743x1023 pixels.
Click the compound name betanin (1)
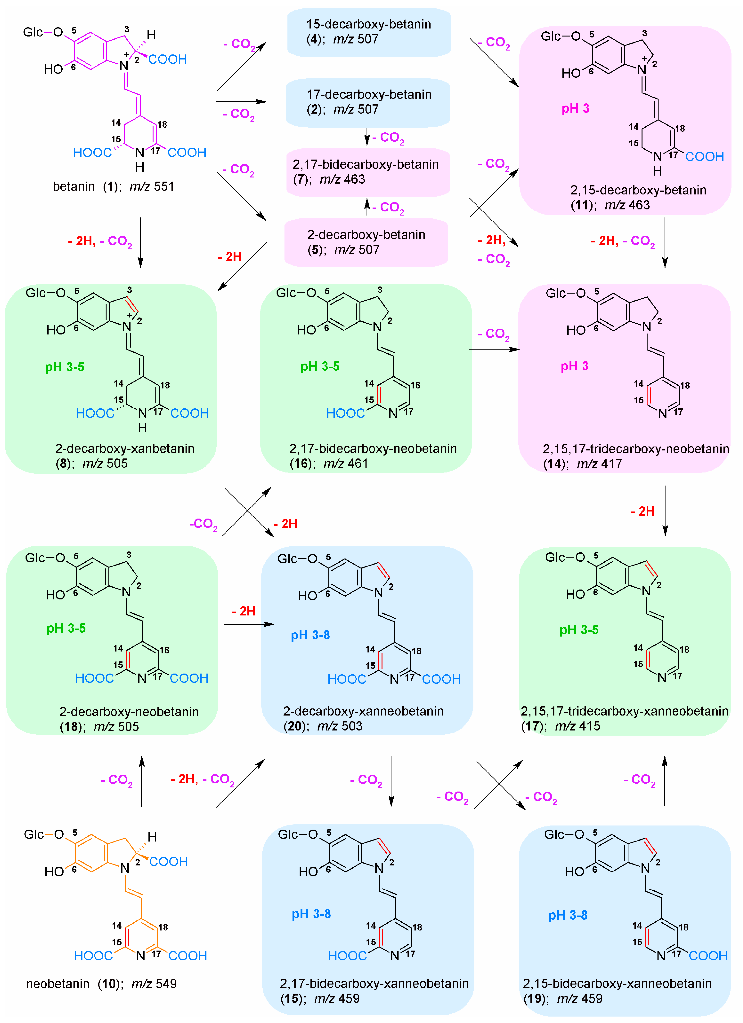point(86,186)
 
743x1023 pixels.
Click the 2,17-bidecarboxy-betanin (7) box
point(368,172)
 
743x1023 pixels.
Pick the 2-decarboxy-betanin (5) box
point(366,242)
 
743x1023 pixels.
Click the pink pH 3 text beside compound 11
point(575,109)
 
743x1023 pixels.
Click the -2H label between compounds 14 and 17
point(642,511)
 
